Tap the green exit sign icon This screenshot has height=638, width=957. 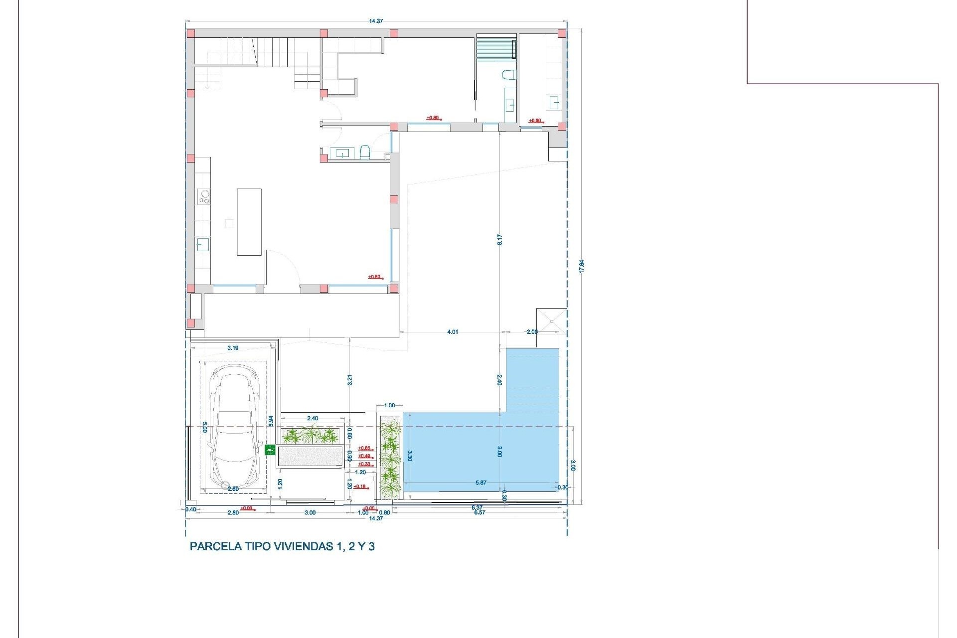pos(270,450)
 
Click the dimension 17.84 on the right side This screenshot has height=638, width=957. pos(581,266)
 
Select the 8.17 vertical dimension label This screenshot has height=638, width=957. pos(499,239)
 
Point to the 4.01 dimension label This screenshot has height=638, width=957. pos(452,332)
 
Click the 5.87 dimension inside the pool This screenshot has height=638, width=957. pos(480,482)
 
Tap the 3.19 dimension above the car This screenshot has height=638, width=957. pos(233,348)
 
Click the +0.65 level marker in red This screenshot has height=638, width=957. pos(364,448)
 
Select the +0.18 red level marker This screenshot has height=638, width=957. pos(360,486)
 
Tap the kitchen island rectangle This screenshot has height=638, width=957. pos(249,222)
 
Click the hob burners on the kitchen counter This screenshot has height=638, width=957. pos(203,196)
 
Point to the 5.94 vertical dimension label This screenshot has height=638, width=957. pos(271,421)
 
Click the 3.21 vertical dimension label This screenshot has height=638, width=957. pos(350,380)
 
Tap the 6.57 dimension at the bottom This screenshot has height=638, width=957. pos(479,512)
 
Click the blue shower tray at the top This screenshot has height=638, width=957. pos(495,49)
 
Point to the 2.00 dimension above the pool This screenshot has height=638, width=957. pos(532,332)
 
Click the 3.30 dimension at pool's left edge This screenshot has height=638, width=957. pos(410,456)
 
